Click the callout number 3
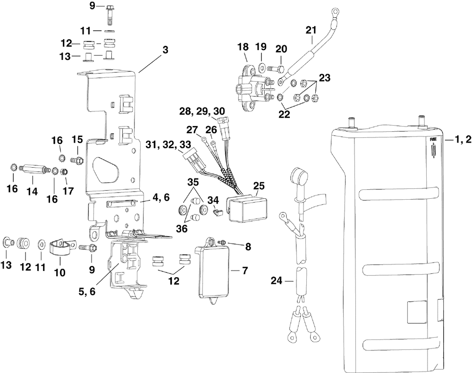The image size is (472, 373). pyautogui.click(x=165, y=50)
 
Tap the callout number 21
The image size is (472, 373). pyautogui.click(x=311, y=30)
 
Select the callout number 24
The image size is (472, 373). pyautogui.click(x=277, y=281)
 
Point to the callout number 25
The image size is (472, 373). pyautogui.click(x=259, y=186)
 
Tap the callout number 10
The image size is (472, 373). pyautogui.click(x=60, y=272)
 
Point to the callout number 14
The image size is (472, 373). pyautogui.click(x=32, y=191)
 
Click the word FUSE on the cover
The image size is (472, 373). pyautogui.click(x=433, y=140)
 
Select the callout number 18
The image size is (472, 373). pyautogui.click(x=243, y=47)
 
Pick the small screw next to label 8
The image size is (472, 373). pyautogui.click(x=223, y=242)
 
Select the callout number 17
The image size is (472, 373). pyautogui.click(x=68, y=190)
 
